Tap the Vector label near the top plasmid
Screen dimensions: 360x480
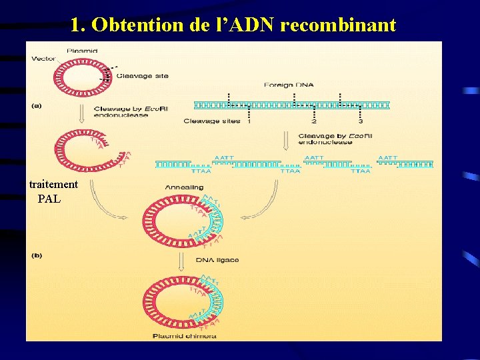click(x=44, y=59)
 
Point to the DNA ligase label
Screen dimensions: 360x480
click(x=217, y=259)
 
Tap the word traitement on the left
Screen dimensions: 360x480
click(x=53, y=185)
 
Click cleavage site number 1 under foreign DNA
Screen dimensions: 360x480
click(x=249, y=121)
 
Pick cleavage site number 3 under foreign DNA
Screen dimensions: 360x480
click(x=361, y=121)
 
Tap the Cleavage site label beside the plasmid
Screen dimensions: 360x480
click(x=142, y=76)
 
